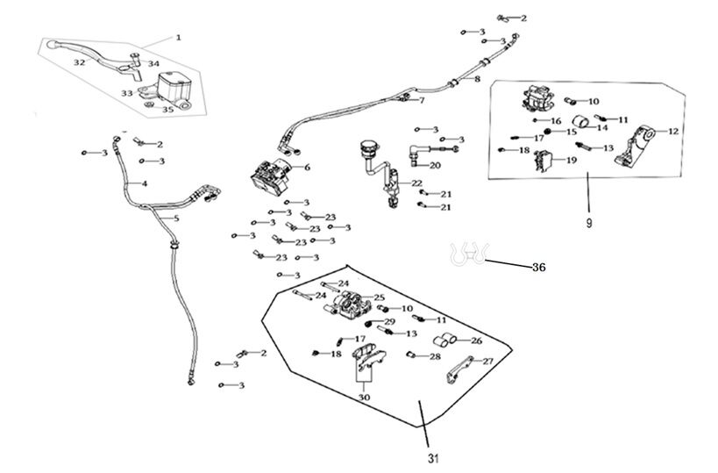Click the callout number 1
click(178, 38)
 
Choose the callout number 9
click(589, 223)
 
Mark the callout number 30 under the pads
click(363, 398)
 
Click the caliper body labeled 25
click(350, 306)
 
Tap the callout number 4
click(145, 183)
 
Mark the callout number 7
click(421, 100)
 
